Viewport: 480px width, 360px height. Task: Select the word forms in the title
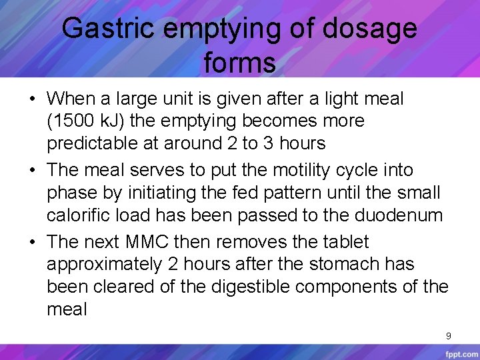[240, 63]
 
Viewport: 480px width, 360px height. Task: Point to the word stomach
[345, 264]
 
